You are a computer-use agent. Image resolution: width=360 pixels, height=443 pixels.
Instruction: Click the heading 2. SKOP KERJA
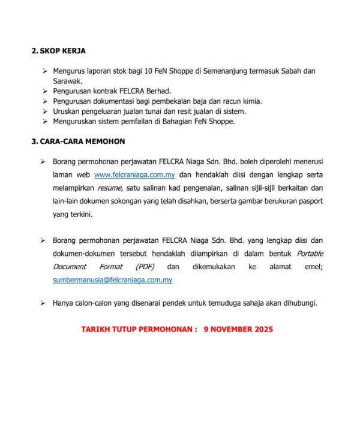pos(62,51)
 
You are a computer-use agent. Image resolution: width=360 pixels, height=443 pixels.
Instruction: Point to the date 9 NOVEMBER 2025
pos(238,330)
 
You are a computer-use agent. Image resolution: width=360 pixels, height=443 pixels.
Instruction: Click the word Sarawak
pos(68,80)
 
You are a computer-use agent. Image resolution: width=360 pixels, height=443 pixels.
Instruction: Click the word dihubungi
pos(298,303)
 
